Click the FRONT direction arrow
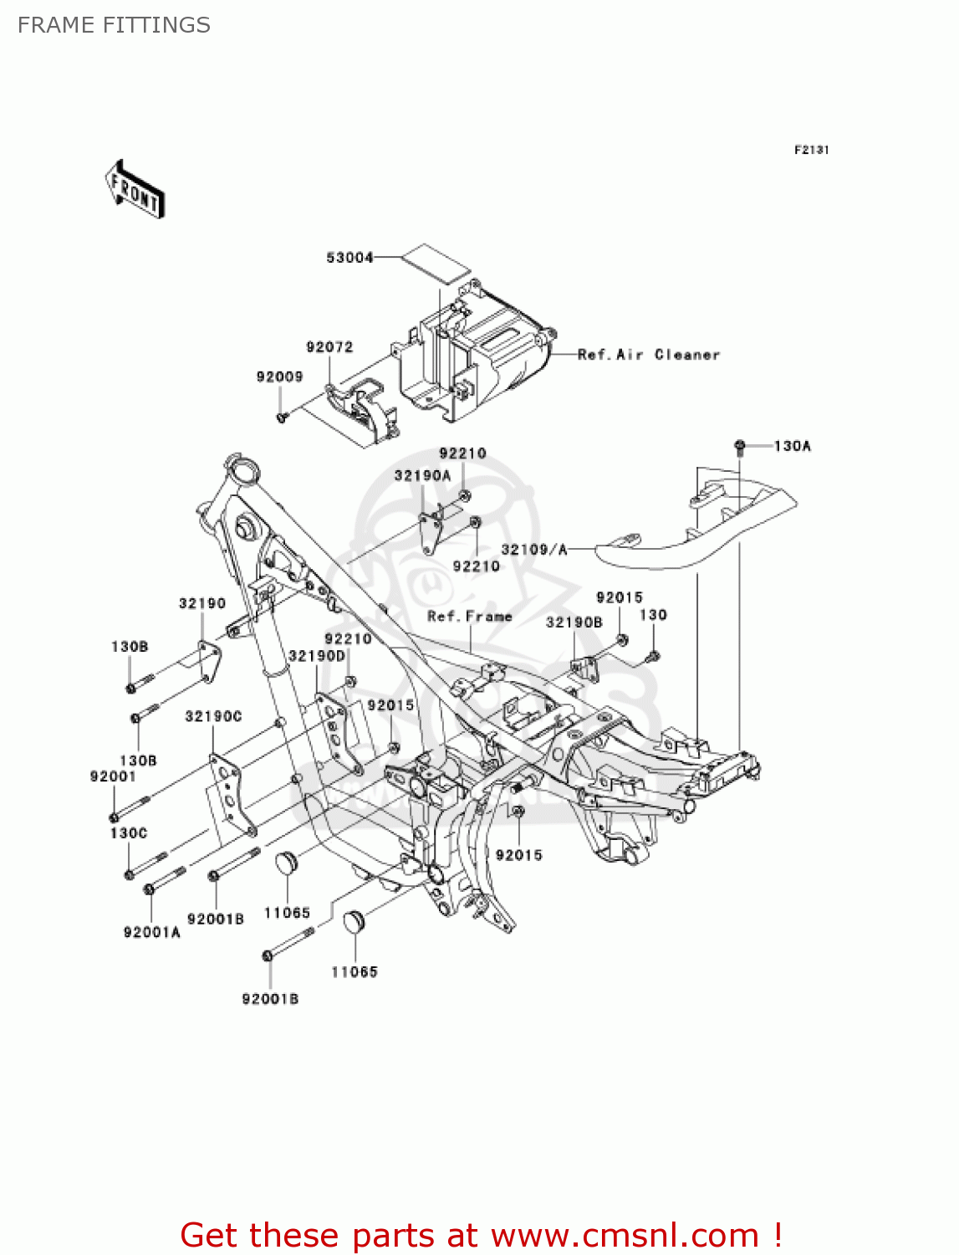(x=135, y=190)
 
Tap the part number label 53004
(x=349, y=258)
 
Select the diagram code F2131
(x=811, y=150)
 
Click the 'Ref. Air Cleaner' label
(x=649, y=355)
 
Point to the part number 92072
(x=329, y=347)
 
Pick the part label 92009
(x=279, y=377)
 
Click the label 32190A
(x=422, y=476)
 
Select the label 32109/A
(x=534, y=550)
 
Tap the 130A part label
(x=792, y=446)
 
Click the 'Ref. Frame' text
(x=470, y=617)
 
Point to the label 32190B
(x=574, y=622)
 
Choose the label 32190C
(x=213, y=716)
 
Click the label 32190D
(x=317, y=656)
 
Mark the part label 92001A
(x=151, y=932)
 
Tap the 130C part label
(x=129, y=833)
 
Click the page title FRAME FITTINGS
(x=114, y=25)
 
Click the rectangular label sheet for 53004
(x=435, y=262)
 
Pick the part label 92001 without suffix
(x=113, y=776)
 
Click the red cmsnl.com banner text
(x=481, y=1235)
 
